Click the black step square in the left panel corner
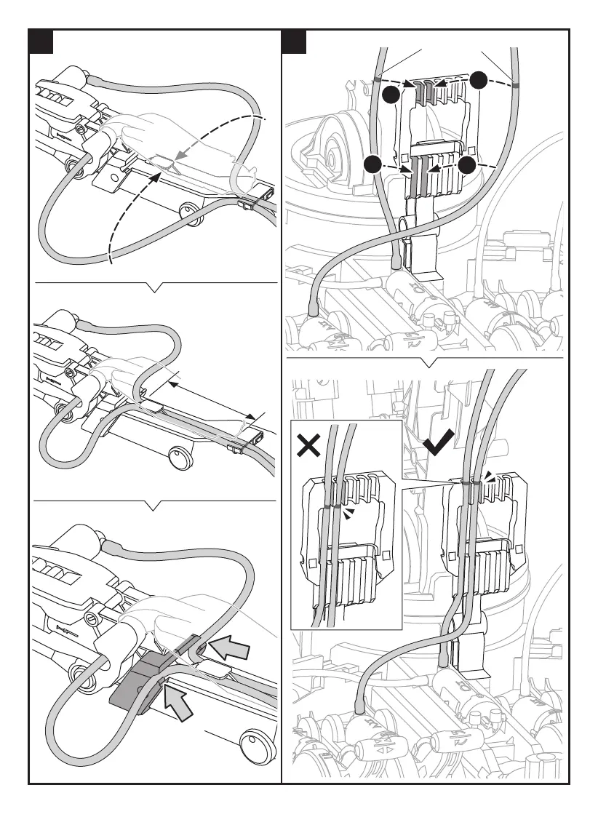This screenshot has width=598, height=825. tap(42, 44)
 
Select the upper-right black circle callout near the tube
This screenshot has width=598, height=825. tap(478, 80)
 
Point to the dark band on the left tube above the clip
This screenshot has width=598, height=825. tap(377, 78)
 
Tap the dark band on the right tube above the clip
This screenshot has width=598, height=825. tap(514, 85)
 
